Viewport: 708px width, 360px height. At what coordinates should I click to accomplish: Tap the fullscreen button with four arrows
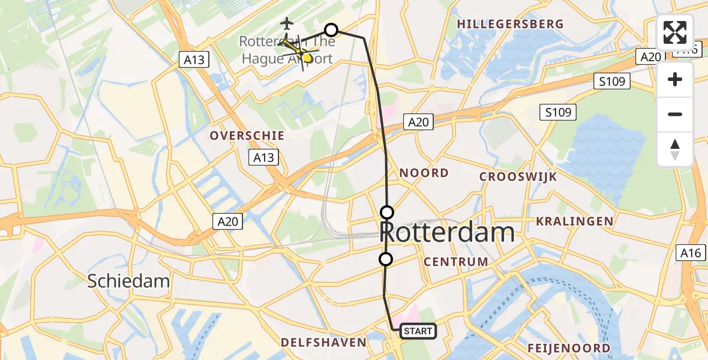click(675, 32)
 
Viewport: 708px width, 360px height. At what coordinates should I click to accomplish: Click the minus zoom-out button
click(675, 114)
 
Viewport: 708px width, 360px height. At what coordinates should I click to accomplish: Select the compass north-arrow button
click(675, 149)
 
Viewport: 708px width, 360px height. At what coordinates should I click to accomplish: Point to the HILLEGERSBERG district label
click(510, 24)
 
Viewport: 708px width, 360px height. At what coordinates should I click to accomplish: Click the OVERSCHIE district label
click(247, 136)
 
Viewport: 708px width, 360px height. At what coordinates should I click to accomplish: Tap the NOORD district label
click(424, 173)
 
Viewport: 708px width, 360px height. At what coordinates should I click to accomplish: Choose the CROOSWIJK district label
click(518, 176)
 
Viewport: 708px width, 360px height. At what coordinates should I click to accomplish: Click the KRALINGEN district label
click(575, 221)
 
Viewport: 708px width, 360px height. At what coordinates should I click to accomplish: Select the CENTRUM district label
click(456, 262)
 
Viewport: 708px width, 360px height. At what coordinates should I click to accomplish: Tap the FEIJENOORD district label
click(569, 348)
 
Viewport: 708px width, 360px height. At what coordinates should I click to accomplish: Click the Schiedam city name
click(128, 281)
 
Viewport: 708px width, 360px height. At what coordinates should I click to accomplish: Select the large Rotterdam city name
click(448, 232)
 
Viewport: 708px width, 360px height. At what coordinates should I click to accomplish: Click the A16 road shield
click(690, 253)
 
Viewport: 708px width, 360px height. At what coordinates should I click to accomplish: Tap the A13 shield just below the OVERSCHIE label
click(263, 158)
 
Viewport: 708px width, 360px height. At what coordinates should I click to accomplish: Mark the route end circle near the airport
click(331, 29)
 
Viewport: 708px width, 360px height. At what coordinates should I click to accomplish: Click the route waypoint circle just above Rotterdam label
click(387, 212)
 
